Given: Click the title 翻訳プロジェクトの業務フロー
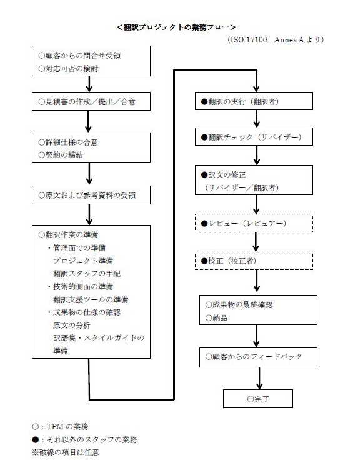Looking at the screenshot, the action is (x=176, y=27).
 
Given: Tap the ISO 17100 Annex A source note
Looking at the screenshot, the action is (x=276, y=39).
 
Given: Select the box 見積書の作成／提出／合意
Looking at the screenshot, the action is (x=91, y=102).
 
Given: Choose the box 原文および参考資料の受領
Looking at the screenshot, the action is (x=91, y=195).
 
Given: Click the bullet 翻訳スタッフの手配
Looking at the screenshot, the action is (x=87, y=273).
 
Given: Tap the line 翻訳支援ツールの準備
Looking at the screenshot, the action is (x=91, y=299).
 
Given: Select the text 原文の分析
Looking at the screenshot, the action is (x=72, y=325).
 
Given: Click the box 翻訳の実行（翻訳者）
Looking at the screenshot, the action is (x=254, y=101).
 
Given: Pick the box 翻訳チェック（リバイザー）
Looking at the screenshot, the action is (x=254, y=137).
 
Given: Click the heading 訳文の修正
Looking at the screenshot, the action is (x=224, y=174).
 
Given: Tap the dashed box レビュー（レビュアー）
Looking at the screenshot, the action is (x=254, y=223).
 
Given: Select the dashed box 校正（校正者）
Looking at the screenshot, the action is (x=254, y=261).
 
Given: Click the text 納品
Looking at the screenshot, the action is (x=216, y=317).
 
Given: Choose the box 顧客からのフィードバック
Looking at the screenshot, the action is (x=258, y=357).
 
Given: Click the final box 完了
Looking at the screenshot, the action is (x=258, y=399).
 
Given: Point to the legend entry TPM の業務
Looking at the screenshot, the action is (x=60, y=426).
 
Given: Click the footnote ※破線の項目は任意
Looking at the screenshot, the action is (x=66, y=452).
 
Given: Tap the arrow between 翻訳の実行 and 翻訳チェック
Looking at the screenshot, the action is (x=257, y=119).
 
